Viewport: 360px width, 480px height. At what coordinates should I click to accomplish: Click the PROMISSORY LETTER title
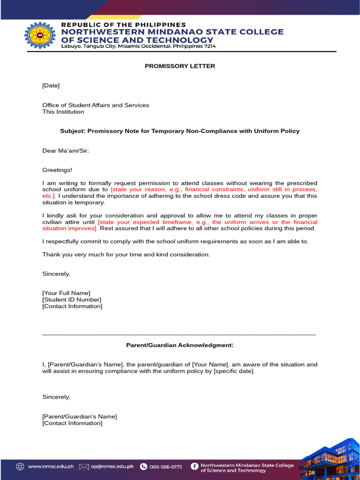pos(180,66)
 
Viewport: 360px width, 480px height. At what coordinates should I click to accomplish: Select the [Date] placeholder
pos(51,85)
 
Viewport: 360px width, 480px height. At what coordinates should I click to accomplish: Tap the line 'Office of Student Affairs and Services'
pos(96,105)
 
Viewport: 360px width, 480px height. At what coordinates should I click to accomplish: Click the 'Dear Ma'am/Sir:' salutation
pos(65,150)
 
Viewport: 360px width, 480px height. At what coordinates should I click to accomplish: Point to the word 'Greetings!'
pos(57,170)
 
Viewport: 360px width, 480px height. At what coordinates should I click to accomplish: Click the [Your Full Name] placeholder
pos(66,293)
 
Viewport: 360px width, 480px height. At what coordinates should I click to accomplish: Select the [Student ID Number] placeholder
pos(71,300)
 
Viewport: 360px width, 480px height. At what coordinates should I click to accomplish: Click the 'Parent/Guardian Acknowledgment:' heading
pos(180,345)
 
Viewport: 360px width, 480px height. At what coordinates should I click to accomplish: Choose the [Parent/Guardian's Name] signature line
pos(79,416)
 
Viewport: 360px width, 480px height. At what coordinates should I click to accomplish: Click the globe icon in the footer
pos(20,466)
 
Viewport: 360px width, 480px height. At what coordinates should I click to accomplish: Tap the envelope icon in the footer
pos(84,466)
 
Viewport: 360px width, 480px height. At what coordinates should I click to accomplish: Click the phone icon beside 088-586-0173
pos(143,466)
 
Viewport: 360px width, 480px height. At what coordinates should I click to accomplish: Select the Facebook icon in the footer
pos(195,466)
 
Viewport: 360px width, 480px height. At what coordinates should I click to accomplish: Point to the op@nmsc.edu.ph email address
pos(112,466)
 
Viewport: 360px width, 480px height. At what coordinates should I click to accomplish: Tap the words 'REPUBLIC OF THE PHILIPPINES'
pos(124,24)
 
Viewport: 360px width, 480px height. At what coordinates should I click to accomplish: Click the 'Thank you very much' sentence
pos(126,255)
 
